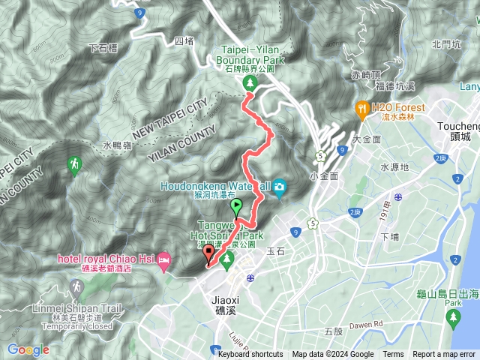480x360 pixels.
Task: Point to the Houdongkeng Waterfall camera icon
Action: pyautogui.click(x=280, y=186)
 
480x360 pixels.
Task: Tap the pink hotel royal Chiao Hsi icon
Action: pyautogui.click(x=165, y=259)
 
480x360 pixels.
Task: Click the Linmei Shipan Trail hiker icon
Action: pyautogui.click(x=76, y=286)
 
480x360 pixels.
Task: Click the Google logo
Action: pyautogui.click(x=28, y=349)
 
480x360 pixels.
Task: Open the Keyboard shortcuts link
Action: pyautogui.click(x=250, y=355)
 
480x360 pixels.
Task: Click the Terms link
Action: pyautogui.click(x=393, y=355)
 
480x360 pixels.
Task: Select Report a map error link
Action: pyautogui.click(x=445, y=355)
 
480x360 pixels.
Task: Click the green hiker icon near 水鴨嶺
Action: pyautogui.click(x=74, y=163)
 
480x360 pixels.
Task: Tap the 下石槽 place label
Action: pyautogui.click(x=103, y=48)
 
